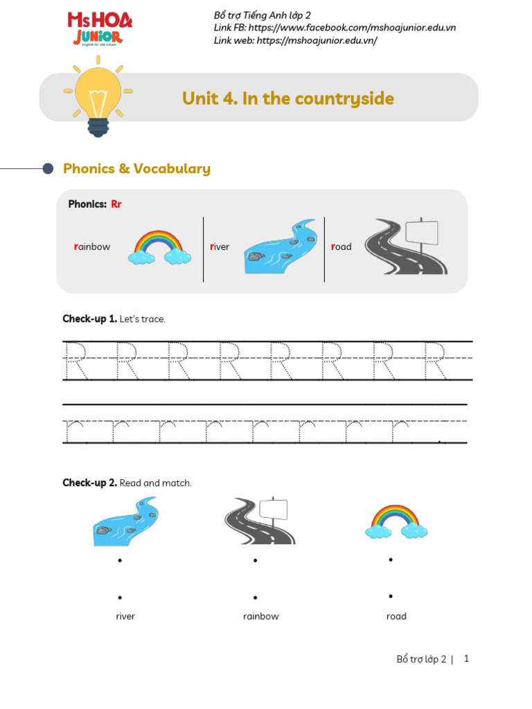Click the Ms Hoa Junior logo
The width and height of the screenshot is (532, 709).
click(x=99, y=29)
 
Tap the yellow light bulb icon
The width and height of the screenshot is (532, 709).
click(x=98, y=98)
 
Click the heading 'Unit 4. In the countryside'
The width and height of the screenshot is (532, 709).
click(x=287, y=99)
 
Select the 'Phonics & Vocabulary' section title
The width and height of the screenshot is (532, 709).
click(x=136, y=169)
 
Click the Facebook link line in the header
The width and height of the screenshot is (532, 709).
click(x=335, y=28)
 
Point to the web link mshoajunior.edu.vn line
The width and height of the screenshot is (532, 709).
click(x=296, y=40)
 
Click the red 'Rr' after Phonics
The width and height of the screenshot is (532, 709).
click(x=116, y=204)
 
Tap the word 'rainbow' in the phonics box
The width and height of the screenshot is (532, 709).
click(x=91, y=247)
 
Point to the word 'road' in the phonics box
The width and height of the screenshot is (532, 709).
click(x=342, y=247)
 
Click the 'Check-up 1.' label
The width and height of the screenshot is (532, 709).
click(x=89, y=319)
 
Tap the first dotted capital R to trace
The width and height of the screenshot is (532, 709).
click(x=76, y=360)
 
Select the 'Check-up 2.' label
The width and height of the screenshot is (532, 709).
click(x=89, y=483)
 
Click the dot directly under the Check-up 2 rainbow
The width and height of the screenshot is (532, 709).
click(x=391, y=559)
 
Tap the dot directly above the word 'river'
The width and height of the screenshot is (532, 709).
click(x=121, y=597)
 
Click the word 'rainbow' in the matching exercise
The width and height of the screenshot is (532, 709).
click(x=261, y=616)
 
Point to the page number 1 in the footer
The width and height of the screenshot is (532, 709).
click(x=467, y=658)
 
